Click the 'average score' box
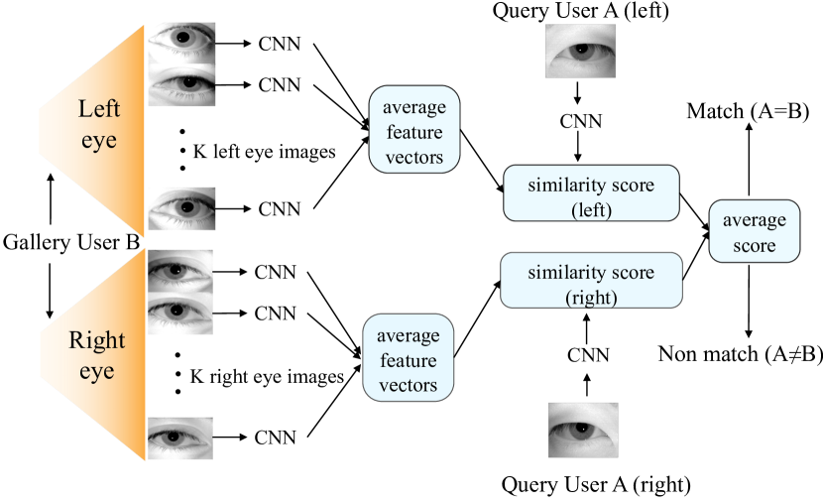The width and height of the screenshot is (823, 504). [x=755, y=231]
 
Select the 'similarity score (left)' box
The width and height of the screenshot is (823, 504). [x=592, y=192]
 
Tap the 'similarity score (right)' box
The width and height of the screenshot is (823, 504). [x=592, y=281]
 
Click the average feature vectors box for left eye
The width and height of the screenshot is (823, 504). [x=414, y=130]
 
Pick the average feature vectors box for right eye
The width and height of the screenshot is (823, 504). [x=408, y=358]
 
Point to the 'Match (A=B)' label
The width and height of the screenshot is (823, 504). [x=748, y=111]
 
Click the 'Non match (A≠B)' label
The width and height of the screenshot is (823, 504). [x=740, y=354]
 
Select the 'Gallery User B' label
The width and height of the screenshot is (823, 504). [x=71, y=242]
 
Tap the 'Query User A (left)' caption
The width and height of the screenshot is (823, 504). [x=580, y=11]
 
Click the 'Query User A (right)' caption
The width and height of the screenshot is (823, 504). [x=596, y=484]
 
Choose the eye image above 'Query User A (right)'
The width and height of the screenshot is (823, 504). [x=583, y=430]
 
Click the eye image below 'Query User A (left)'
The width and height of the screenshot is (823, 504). [x=580, y=51]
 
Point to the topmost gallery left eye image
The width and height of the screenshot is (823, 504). [x=181, y=43]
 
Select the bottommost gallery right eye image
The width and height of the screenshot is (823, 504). [x=180, y=439]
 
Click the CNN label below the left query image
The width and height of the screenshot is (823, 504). [x=580, y=121]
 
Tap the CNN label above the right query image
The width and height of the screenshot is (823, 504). [x=588, y=355]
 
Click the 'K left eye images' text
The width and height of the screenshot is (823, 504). [x=264, y=152]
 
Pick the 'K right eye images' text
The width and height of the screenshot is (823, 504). [x=267, y=376]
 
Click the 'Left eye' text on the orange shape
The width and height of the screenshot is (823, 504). [x=99, y=124]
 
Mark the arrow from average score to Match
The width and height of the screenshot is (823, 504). [x=749, y=160]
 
